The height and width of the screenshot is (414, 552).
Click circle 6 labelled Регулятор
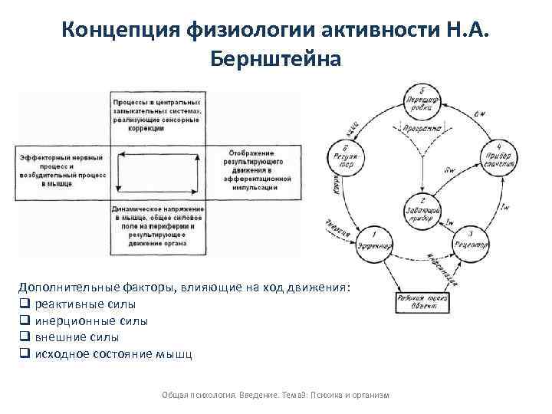pos(345,157)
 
